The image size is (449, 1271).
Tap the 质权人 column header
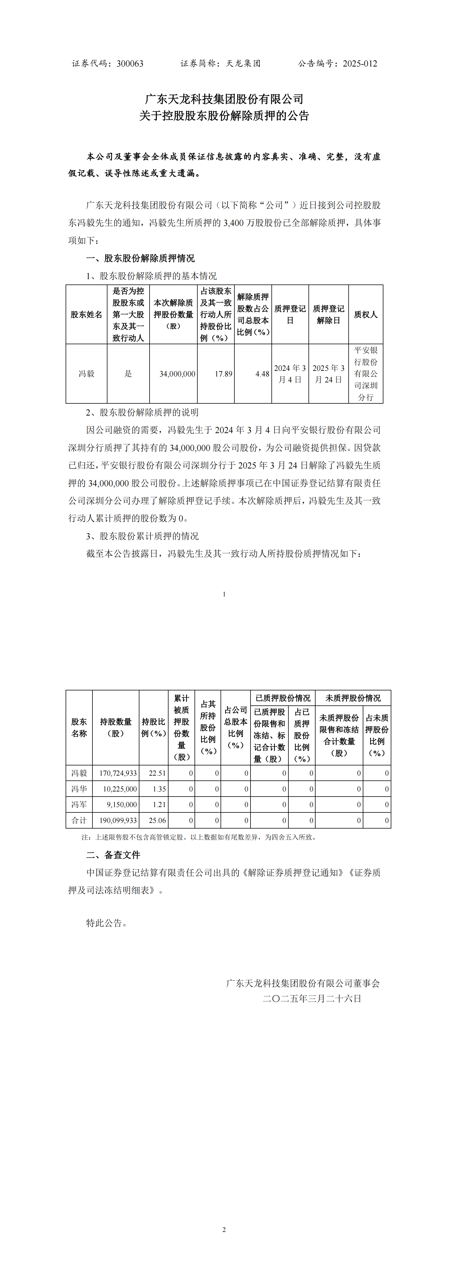tap(366, 314)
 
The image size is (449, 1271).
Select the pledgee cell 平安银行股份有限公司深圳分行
tap(366, 373)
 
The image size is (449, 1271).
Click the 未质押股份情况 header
tap(353, 698)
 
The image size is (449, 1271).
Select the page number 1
tap(224, 594)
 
